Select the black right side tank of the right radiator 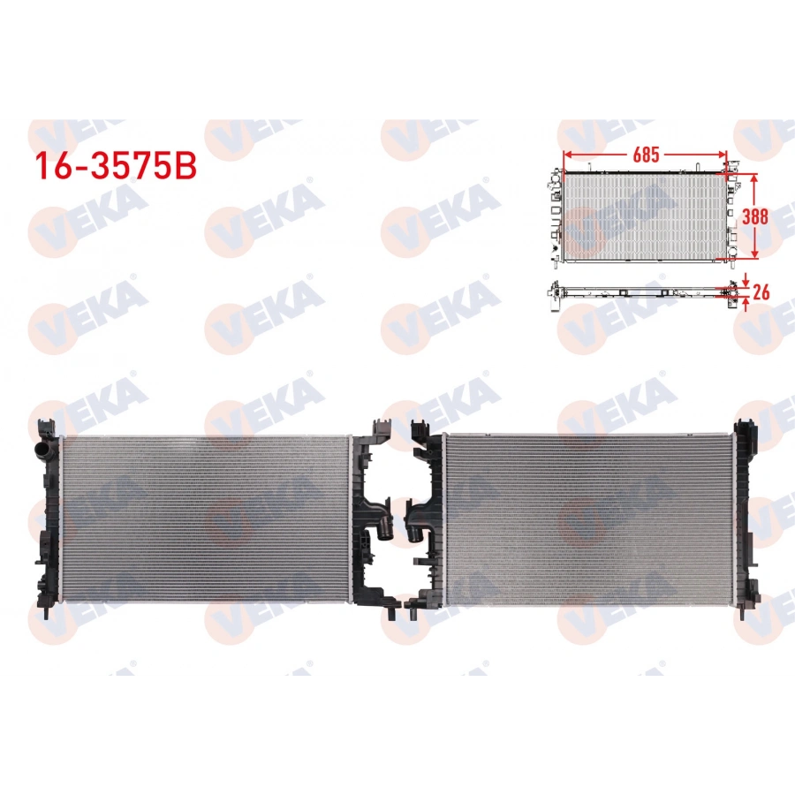[744, 517]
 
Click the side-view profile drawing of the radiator [640, 291]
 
